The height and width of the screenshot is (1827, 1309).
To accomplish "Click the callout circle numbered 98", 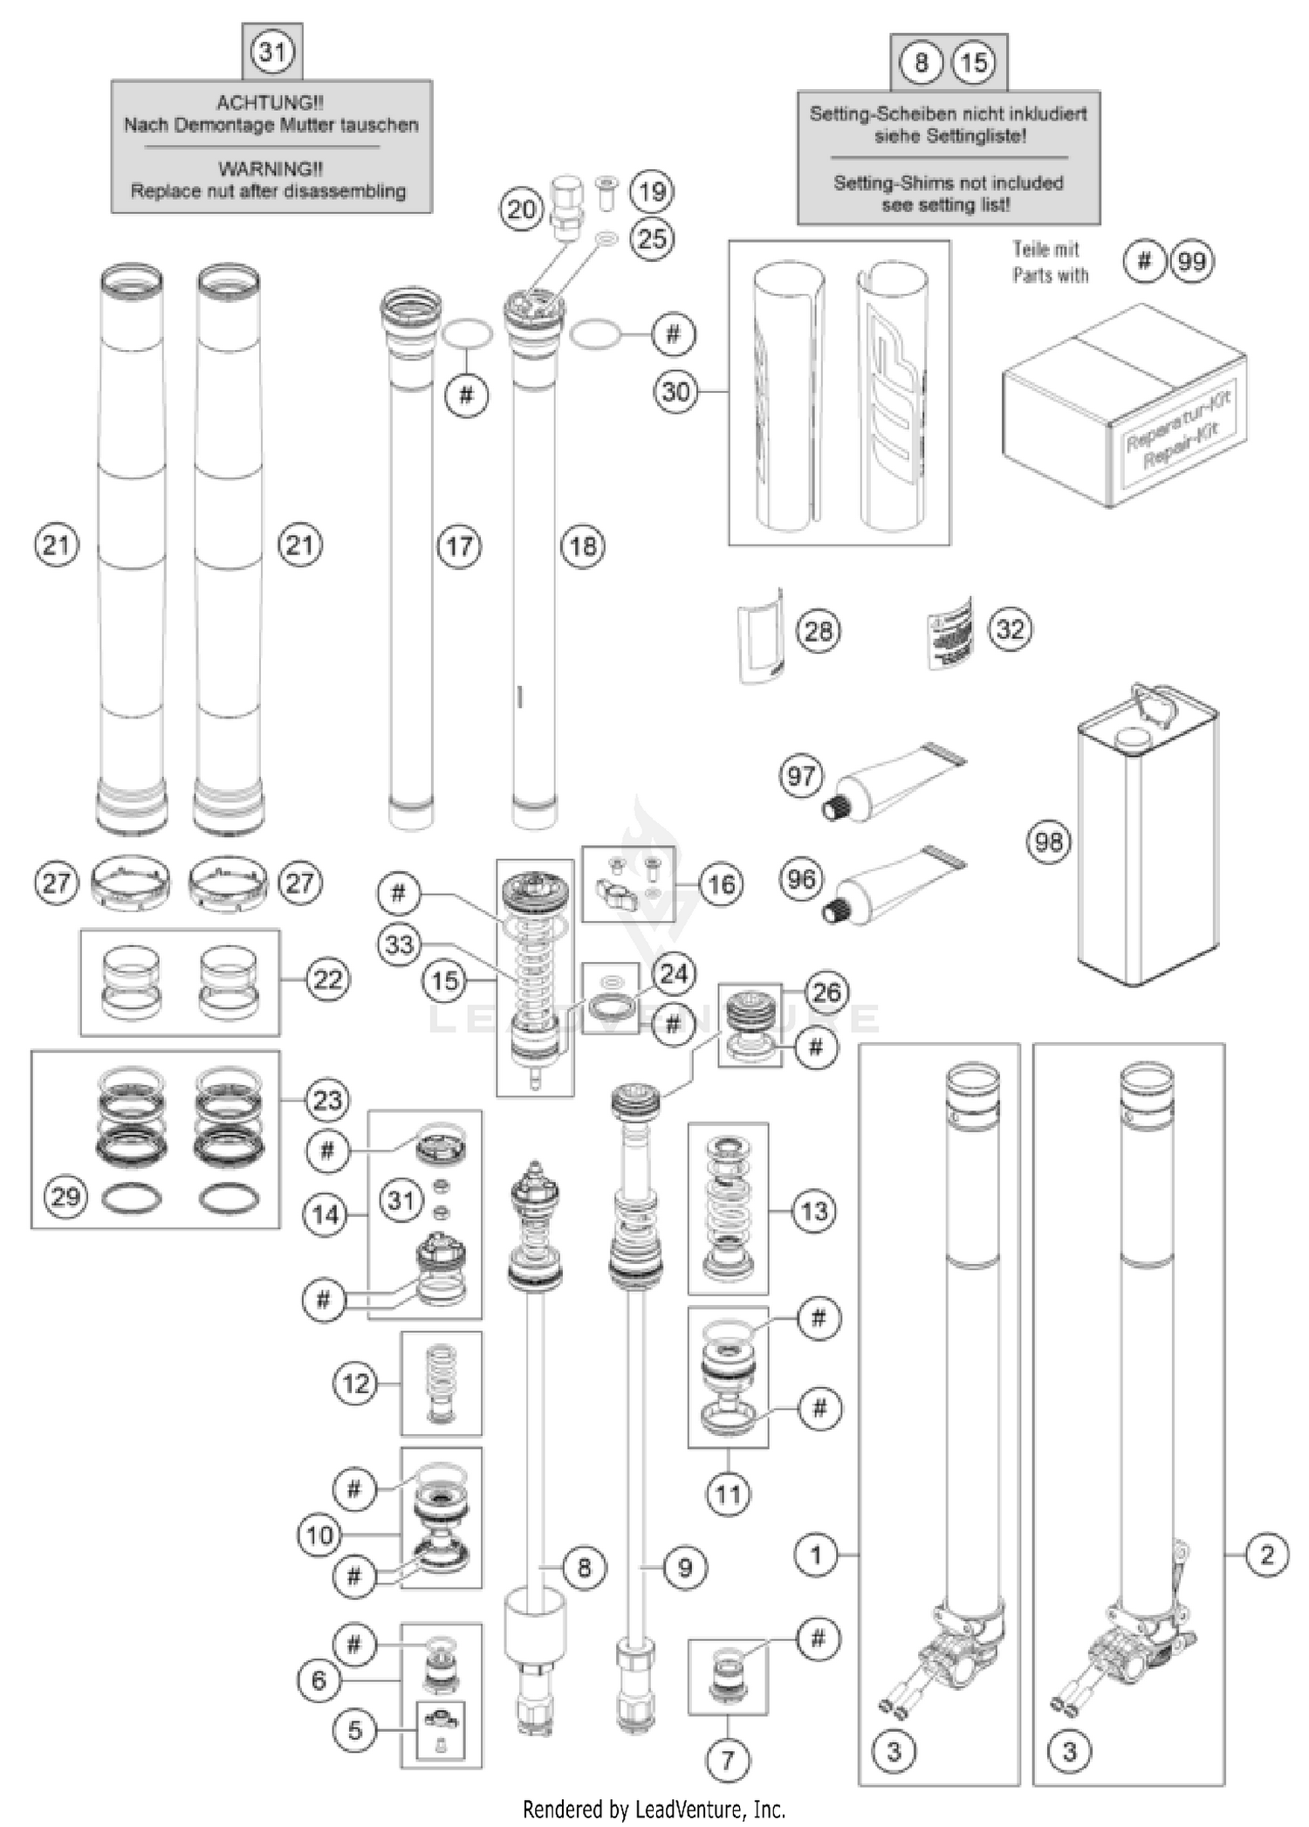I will pyautogui.click(x=1048, y=841).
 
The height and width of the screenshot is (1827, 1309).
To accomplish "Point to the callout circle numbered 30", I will pyautogui.click(x=676, y=392).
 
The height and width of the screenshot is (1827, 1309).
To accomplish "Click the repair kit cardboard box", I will pyautogui.click(x=1124, y=406).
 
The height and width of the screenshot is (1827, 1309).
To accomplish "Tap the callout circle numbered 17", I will pyautogui.click(x=459, y=546).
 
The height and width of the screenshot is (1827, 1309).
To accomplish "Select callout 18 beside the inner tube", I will pyautogui.click(x=583, y=546).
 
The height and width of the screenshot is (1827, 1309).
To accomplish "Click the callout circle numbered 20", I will pyautogui.click(x=522, y=209).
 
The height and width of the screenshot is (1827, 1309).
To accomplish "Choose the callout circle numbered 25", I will pyautogui.click(x=652, y=238).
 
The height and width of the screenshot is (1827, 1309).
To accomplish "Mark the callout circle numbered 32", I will pyautogui.click(x=1011, y=629).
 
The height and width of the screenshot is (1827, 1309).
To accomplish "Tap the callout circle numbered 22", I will pyautogui.click(x=328, y=979).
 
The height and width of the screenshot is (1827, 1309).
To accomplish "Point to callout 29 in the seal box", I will pyautogui.click(x=66, y=1196).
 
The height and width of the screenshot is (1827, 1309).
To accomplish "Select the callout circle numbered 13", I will pyautogui.click(x=813, y=1211).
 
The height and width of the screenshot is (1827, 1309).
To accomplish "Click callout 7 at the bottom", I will pyautogui.click(x=728, y=1760).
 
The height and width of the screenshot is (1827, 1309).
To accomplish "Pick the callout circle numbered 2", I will pyautogui.click(x=1267, y=1555).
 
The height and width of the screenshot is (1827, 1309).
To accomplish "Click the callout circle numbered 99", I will pyautogui.click(x=1192, y=261).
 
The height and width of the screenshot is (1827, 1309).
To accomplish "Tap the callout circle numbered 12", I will pyautogui.click(x=356, y=1384).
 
